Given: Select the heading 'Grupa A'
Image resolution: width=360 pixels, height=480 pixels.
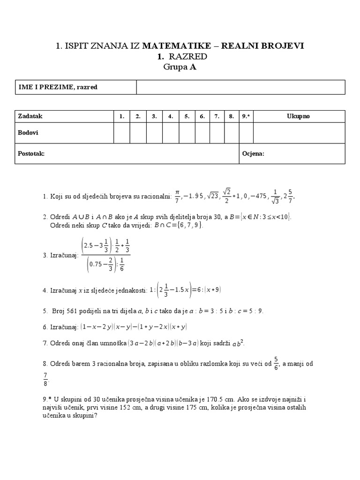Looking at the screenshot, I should [180, 67].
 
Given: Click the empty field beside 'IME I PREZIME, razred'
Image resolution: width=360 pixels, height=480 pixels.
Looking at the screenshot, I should [240, 87].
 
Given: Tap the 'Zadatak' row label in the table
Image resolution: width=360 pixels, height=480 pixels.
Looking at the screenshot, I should [30, 116].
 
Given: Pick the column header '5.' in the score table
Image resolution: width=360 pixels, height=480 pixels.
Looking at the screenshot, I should [186, 116].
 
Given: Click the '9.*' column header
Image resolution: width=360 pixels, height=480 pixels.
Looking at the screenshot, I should [246, 116].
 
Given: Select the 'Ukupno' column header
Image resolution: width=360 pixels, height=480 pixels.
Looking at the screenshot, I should [299, 116].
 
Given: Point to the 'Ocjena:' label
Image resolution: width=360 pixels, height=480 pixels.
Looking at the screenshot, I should [254, 153].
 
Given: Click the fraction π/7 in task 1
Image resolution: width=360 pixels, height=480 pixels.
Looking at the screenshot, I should [177, 196].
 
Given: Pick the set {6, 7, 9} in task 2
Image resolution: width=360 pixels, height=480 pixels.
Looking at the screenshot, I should [192, 225].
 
